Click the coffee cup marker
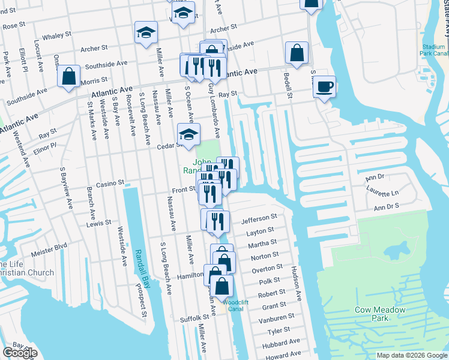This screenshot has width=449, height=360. point(324,87)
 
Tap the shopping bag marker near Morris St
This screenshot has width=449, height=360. point(69,76)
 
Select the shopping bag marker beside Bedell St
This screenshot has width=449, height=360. point(297,53)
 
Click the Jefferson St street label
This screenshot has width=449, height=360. point(259,219)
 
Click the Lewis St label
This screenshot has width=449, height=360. point(98,223)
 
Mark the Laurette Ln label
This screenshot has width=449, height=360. point(382,193)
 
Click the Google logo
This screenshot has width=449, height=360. point(20,352)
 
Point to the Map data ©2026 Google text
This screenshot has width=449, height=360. point(411,355)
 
